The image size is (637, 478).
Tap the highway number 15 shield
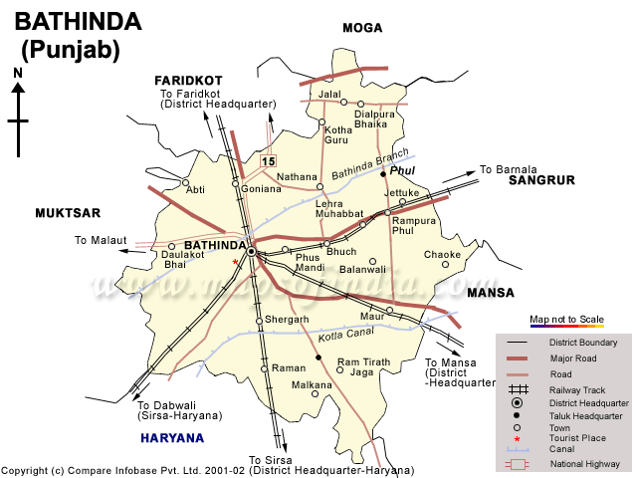[x=268, y=161]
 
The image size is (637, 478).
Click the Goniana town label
[x=261, y=187]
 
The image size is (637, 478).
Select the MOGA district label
[x=362, y=28]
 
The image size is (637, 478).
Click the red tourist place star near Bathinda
[x=236, y=262]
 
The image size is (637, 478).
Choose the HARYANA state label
[x=172, y=438]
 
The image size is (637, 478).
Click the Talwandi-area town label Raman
[x=289, y=367]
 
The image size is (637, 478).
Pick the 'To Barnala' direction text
[x=508, y=169]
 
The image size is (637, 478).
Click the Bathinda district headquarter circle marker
[x=252, y=253]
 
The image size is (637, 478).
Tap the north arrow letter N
[x=18, y=73]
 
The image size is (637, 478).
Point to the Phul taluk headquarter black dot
[x=382, y=175]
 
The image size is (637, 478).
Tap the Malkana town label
[x=312, y=384]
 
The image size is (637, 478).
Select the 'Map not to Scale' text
[x=566, y=319]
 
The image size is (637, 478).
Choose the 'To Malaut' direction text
[x=101, y=241]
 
